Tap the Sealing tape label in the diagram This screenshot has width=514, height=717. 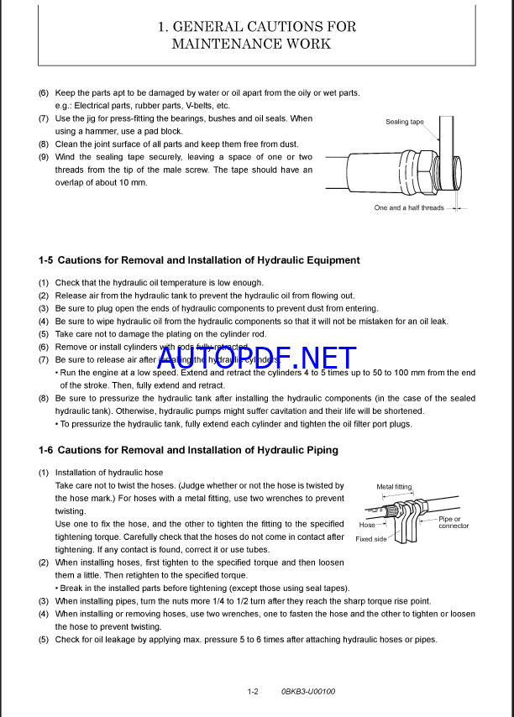[x=404, y=122]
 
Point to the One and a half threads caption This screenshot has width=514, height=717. [x=409, y=207]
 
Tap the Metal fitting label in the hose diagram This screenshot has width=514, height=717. [x=394, y=486]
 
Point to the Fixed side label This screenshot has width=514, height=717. [x=371, y=539]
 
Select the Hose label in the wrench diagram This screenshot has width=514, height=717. [x=367, y=525]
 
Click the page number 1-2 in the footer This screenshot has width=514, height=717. [x=253, y=692]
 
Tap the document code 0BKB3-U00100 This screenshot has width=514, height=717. [x=308, y=692]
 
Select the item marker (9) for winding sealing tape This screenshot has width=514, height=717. [x=44, y=158]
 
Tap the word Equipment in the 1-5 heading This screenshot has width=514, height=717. [x=328, y=260]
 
